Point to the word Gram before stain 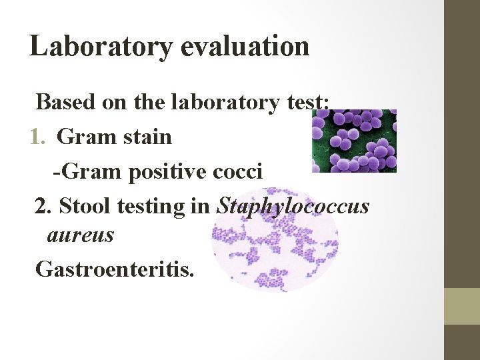pyautogui.click(x=81, y=137)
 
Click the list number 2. pyautogui.click(x=43, y=207)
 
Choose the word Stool pyautogui.click(x=82, y=207)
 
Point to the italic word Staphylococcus pyautogui.click(x=293, y=207)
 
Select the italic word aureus pyautogui.click(x=81, y=235)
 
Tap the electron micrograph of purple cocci pyautogui.click(x=354, y=141)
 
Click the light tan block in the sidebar pyautogui.click(x=461, y=306)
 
